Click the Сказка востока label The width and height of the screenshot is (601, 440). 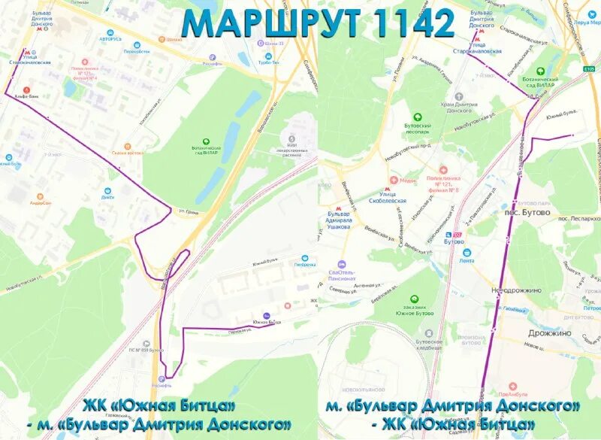(x=128, y=152)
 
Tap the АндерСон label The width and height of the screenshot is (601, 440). (x=41, y=202)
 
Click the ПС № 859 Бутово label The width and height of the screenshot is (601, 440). (x=146, y=350)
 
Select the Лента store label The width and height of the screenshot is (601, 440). (x=467, y=260)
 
